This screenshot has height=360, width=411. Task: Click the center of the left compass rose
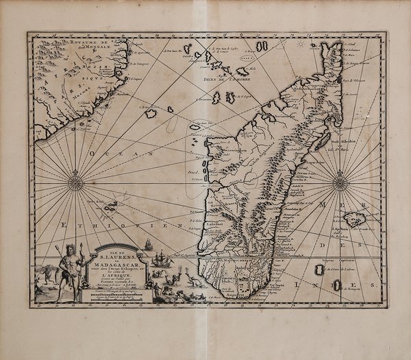coord(76,183)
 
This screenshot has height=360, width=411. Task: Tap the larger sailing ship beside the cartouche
coord(160,259)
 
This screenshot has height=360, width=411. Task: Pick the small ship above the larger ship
coord(147,243)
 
